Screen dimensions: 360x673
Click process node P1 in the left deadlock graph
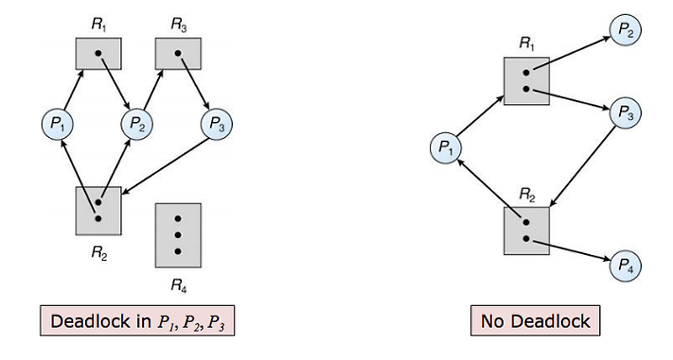click(57, 124)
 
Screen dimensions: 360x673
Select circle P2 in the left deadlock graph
click(136, 124)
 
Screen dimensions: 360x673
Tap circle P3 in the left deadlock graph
click(216, 124)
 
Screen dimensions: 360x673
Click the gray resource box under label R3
click(177, 55)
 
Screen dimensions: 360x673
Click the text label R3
click(177, 24)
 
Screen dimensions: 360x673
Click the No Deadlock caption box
click(535, 320)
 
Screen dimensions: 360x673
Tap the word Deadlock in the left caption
click(87, 321)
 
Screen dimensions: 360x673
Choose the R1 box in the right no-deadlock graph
click(526, 81)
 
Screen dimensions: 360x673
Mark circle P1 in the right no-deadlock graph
click(445, 148)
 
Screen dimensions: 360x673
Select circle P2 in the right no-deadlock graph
click(626, 29)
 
